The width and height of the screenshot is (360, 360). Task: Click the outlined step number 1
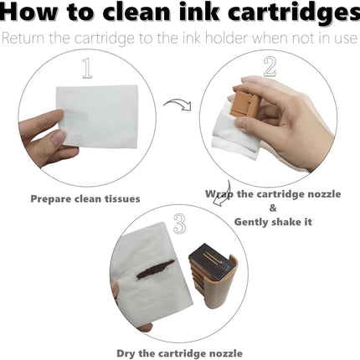coord(87,68)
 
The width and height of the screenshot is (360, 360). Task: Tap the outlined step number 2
coord(270,67)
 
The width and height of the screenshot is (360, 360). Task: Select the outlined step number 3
coord(179,224)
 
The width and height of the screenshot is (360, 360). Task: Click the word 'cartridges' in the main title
coord(294,13)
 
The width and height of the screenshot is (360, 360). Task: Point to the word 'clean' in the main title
coord(136,12)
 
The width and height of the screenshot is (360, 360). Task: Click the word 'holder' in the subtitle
coord(227,39)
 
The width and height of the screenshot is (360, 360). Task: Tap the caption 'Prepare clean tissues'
coord(85,199)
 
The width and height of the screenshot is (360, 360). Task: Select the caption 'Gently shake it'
coord(273,222)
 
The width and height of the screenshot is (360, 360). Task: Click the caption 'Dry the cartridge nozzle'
coord(179,353)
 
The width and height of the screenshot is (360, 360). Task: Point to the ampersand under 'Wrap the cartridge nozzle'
coord(273,208)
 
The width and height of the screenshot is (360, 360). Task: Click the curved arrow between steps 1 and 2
coord(178,105)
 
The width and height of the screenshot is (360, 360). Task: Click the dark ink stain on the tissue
coord(155,269)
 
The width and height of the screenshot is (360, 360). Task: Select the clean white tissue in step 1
coord(97,116)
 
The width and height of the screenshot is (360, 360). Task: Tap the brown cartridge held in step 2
coord(244,103)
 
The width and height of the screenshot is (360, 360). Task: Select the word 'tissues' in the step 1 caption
coord(122,199)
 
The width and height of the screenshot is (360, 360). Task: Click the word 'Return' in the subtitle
coord(23,39)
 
